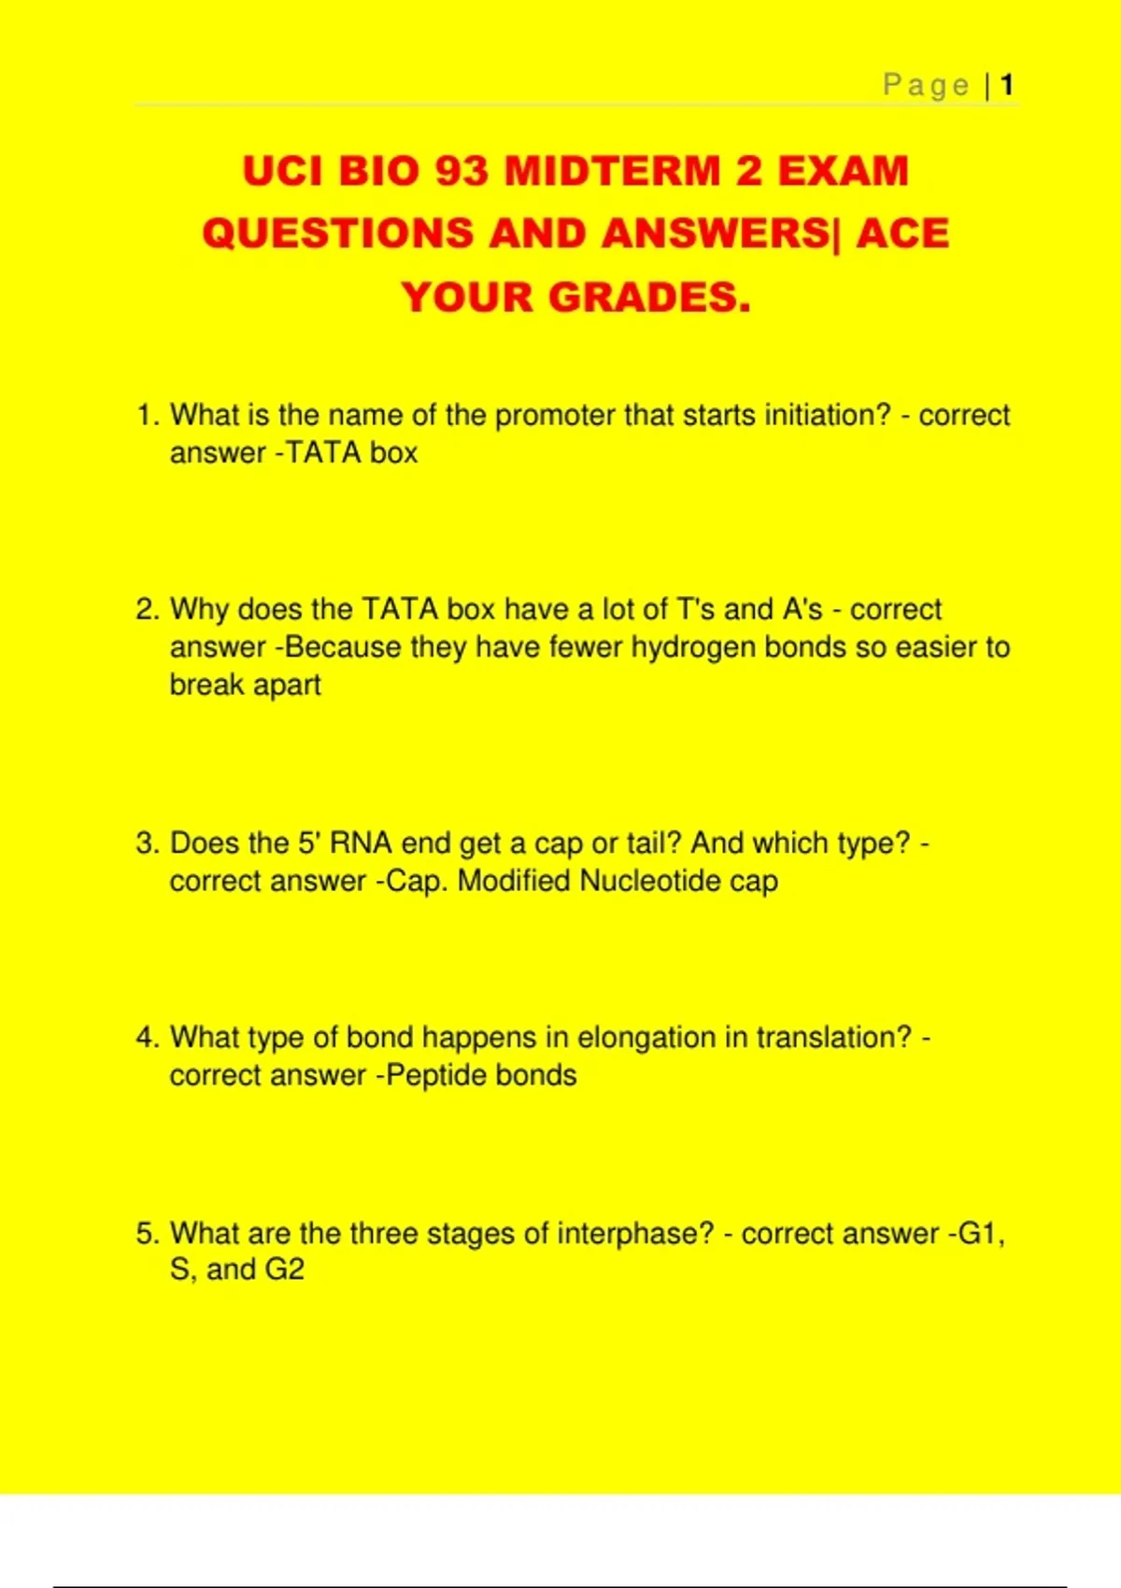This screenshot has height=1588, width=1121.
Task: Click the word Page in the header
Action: (926, 86)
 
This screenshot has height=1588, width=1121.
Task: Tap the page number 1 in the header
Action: (1007, 86)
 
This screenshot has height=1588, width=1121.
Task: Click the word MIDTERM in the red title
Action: (613, 172)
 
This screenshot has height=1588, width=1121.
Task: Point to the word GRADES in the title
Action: (648, 298)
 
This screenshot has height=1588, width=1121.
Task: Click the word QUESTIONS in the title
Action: (337, 234)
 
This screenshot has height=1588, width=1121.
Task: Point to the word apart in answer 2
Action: (287, 686)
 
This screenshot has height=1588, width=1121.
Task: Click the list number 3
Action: (147, 844)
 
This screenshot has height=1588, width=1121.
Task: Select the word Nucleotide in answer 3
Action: (650, 881)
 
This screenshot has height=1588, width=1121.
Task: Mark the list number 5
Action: (147, 1234)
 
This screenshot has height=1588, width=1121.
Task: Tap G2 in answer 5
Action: (284, 1270)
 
